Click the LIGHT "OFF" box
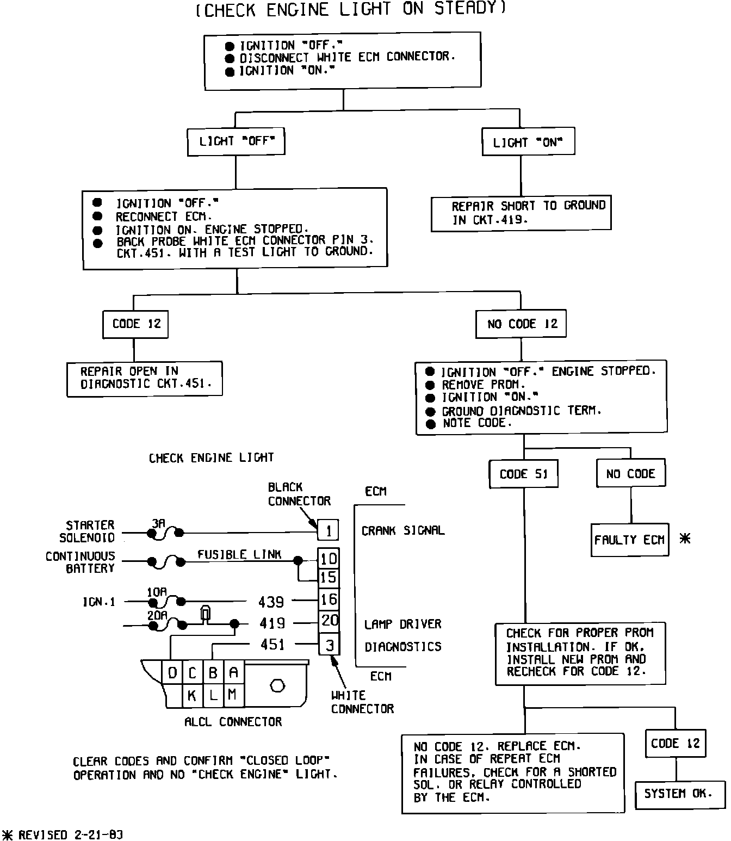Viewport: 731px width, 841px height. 236,142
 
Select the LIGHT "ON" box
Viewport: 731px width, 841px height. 528,143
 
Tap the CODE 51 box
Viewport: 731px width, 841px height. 524,474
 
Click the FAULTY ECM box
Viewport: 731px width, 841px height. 629,540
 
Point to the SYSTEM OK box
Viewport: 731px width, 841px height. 679,794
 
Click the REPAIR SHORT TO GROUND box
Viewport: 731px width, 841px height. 521,213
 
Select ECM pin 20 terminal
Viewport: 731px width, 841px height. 329,621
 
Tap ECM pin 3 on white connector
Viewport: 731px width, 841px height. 329,645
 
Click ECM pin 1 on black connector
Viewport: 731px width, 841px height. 328,530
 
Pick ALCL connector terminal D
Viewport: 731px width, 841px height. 172,673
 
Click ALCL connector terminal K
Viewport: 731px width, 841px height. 191,695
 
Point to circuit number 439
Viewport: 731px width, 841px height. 271,602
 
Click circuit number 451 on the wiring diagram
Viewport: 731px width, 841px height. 272,645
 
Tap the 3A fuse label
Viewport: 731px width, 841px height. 158,523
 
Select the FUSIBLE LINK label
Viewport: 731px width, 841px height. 239,554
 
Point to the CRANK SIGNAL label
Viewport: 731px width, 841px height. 403,530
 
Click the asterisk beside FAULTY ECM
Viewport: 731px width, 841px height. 685,539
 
